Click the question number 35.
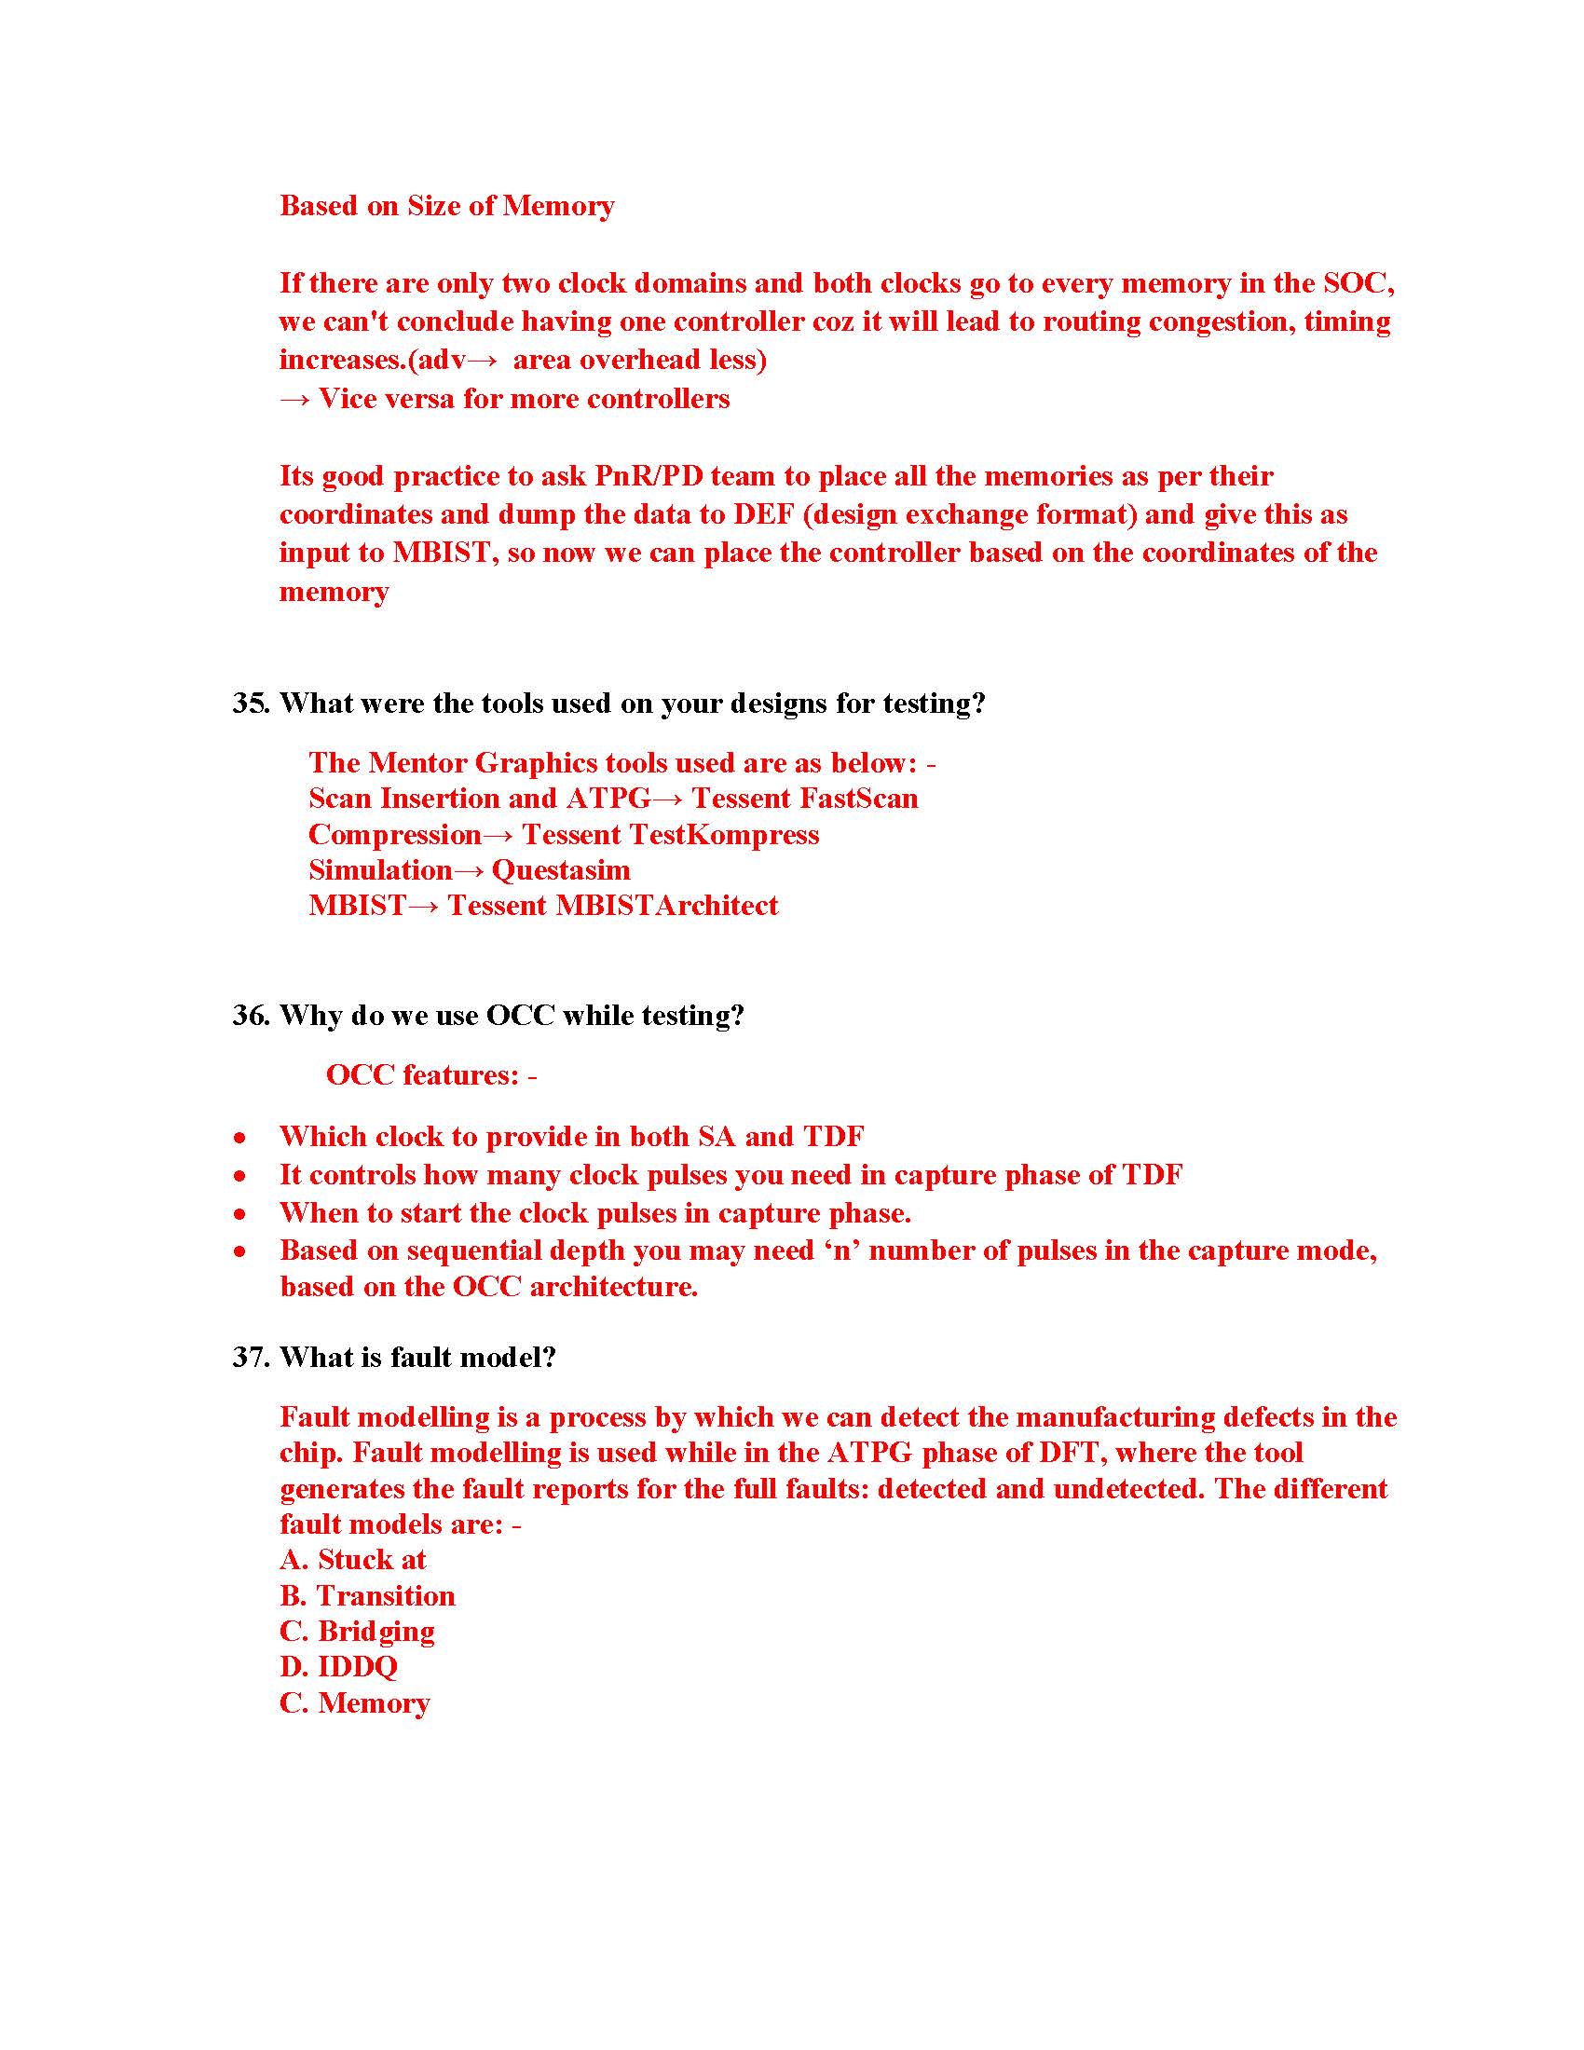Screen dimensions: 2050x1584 252,703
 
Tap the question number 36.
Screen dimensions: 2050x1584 252,1015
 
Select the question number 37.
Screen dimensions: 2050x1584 252,1357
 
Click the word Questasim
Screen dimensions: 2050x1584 560,870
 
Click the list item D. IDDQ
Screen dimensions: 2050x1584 339,1667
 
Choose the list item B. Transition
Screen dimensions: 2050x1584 367,1595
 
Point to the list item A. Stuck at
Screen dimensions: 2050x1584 353,1560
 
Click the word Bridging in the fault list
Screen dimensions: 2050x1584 376,1632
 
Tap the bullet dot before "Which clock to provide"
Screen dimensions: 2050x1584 241,1138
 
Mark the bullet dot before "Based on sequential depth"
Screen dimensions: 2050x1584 241,1251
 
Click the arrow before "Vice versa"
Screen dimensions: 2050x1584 294,399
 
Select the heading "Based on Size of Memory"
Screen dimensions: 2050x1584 446,206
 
